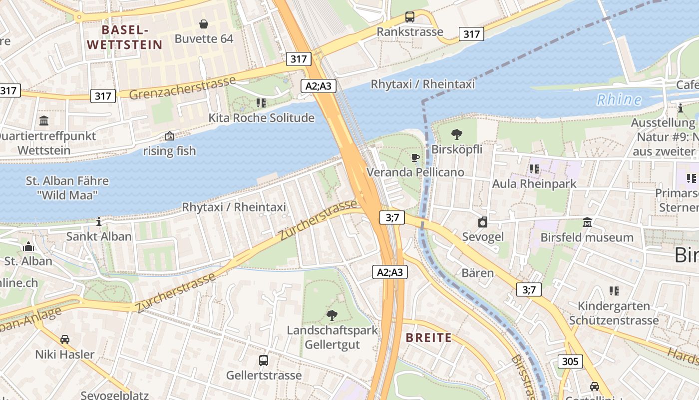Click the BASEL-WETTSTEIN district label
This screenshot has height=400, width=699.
point(125,37)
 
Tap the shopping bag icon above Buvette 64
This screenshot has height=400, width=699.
point(204,24)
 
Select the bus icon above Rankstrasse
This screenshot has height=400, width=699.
point(409,17)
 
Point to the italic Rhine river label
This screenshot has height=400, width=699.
point(619,99)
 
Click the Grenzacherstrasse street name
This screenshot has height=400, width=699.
point(182,88)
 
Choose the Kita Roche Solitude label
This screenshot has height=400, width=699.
point(261,118)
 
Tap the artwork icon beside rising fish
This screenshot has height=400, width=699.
point(170,136)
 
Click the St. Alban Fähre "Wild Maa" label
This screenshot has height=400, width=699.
point(67,187)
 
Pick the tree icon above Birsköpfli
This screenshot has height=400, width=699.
point(456,134)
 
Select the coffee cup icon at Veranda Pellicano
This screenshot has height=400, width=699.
point(415,158)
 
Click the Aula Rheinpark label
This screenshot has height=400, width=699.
point(534,183)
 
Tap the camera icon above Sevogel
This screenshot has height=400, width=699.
point(482,222)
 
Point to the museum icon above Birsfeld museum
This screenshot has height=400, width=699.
point(587,222)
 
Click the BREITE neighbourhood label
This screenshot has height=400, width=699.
point(428,337)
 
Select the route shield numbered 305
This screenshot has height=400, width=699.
point(570,361)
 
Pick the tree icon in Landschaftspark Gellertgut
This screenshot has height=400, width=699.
point(332,315)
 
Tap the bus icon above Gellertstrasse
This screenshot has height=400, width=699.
point(263,360)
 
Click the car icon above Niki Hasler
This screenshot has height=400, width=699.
point(65,339)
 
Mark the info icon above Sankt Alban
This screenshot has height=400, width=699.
point(99,221)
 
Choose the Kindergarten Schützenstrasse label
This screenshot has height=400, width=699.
point(614,313)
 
